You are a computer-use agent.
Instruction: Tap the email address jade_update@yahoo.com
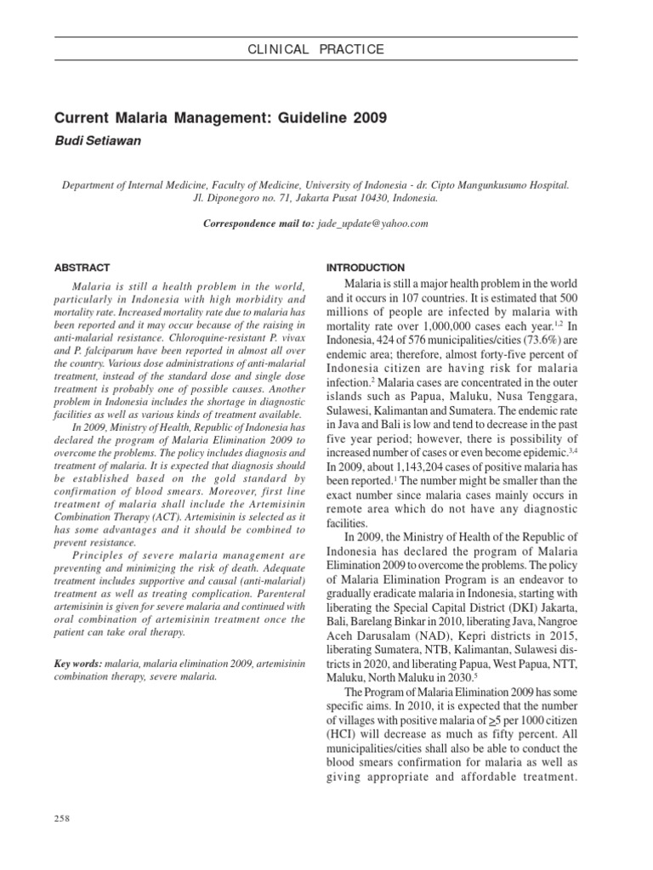tap(373, 223)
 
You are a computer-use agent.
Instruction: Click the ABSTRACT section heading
tap(82, 268)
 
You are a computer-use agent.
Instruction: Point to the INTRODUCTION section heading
tap(366, 268)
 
